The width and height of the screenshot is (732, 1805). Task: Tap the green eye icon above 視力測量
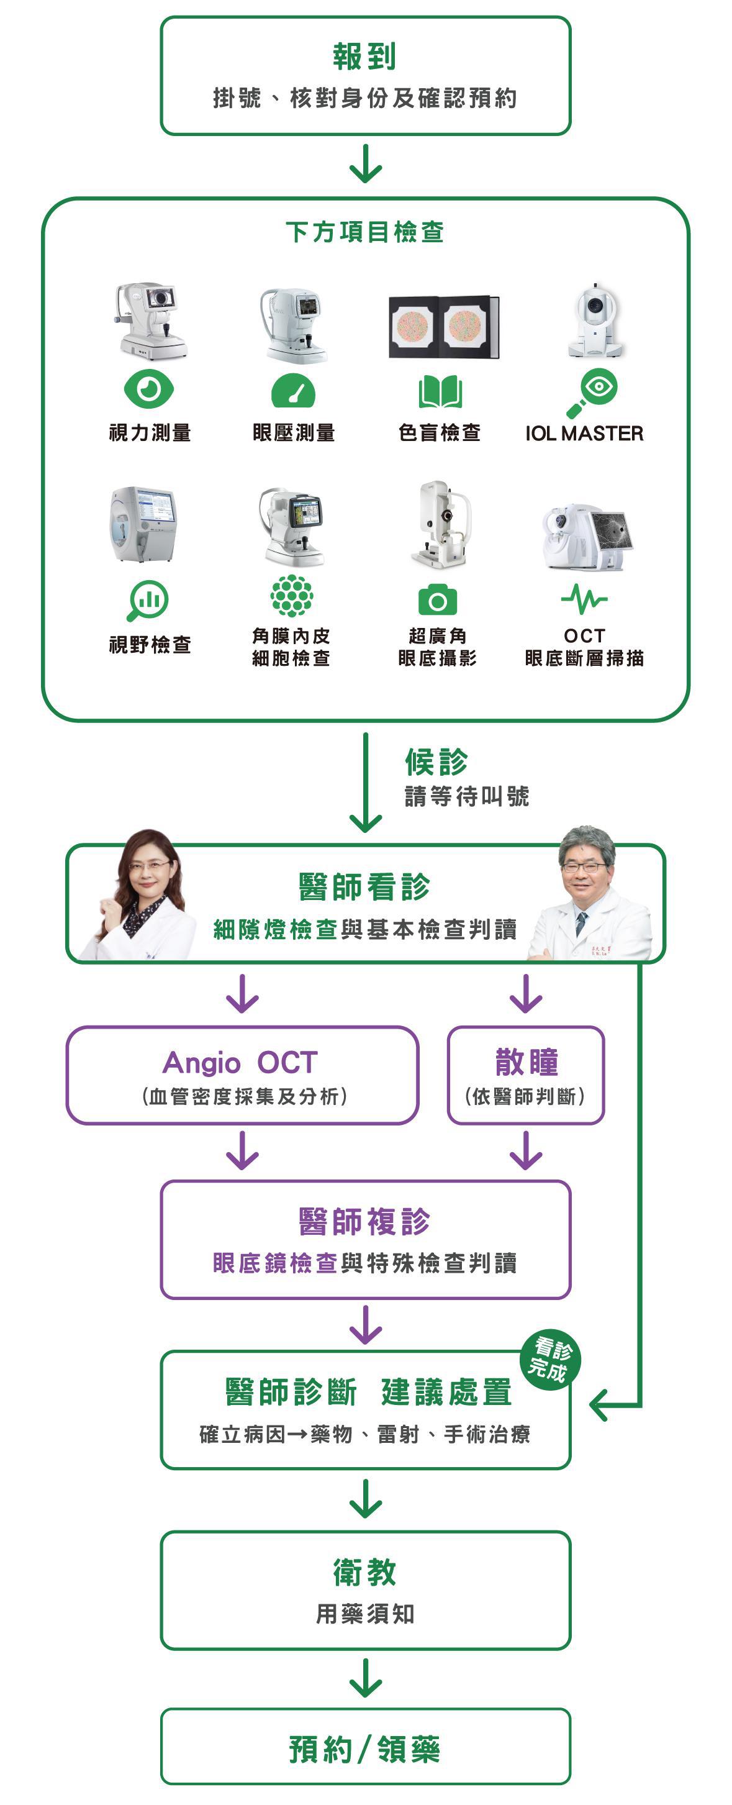coord(148,389)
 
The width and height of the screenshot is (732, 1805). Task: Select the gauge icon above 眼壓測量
coord(293,391)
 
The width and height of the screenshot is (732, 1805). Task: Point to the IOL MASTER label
coord(584,434)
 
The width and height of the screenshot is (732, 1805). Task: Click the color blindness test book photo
coord(443,327)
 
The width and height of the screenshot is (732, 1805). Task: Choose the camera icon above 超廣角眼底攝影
coord(438,601)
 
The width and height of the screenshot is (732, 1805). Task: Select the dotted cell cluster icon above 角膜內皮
coord(291,596)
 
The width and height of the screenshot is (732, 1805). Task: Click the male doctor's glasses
coord(584,866)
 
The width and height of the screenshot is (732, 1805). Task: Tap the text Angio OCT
coord(240,1063)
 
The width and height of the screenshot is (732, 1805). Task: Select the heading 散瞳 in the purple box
coord(526,1062)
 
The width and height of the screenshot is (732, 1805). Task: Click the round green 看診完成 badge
coord(551,1360)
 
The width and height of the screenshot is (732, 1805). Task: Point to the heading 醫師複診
coord(365,1221)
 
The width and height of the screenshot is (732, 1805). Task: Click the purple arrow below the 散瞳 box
coord(526,1150)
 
